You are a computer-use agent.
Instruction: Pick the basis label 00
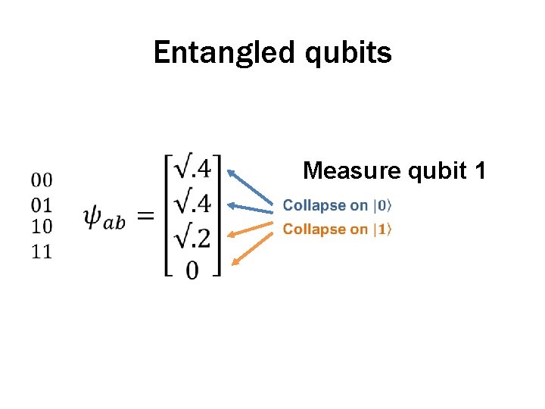[x=42, y=180]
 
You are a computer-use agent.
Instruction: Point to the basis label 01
[x=42, y=203]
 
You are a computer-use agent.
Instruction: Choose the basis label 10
[x=42, y=226]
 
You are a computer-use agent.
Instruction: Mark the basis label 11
[x=42, y=250]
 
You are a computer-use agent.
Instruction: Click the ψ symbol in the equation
[x=92, y=217]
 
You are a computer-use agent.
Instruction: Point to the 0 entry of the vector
[x=192, y=269]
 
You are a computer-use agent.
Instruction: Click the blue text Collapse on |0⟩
[x=337, y=205]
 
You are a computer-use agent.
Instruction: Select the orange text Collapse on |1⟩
[x=337, y=229]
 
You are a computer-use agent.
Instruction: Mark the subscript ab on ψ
[x=115, y=223]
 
